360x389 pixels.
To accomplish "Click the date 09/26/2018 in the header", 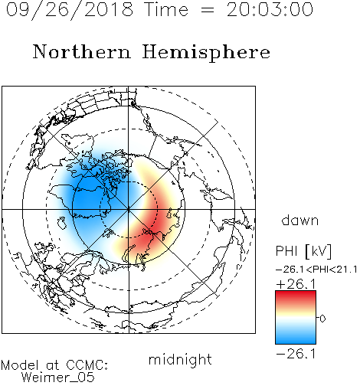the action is point(70,10).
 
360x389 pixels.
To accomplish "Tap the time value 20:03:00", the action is point(270,9).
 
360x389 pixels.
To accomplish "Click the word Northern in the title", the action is point(82,51).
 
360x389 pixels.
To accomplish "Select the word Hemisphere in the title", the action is point(206,53).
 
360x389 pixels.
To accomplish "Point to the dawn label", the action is point(300,220).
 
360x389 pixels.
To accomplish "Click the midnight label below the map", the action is point(180,360).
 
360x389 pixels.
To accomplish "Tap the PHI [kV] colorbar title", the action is point(304,251).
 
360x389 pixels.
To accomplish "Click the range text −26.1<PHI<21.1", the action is point(316,270).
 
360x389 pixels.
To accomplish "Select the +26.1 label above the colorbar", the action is point(296,284).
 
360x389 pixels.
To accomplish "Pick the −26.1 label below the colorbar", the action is point(296,354).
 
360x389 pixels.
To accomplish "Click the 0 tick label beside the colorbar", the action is point(322,319).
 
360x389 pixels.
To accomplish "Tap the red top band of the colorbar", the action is point(296,297).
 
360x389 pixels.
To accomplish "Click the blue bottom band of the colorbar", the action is point(296,338).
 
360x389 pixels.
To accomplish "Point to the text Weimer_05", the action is point(58,378).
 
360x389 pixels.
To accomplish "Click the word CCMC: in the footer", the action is point(87,365).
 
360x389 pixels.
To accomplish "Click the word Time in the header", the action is point(166,10).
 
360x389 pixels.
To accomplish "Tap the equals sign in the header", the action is point(208,10).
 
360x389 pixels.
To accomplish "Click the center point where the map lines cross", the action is point(129,210).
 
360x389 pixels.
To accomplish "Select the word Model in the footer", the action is point(20,365).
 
